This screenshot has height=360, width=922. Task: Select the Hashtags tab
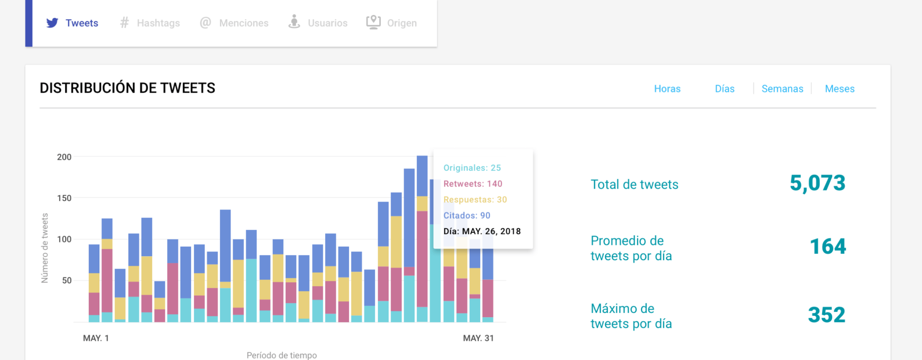149,23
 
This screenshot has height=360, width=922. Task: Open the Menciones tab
234,23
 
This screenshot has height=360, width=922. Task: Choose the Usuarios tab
318,23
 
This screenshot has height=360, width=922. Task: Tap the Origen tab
392,23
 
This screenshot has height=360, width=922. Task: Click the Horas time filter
667,89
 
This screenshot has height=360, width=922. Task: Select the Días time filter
725,89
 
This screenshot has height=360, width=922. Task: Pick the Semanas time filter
782,89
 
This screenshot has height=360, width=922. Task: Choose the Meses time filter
839,89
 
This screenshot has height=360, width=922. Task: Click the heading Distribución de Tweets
127,88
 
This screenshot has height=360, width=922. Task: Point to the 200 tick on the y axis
64,157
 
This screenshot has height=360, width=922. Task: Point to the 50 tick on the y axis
67,280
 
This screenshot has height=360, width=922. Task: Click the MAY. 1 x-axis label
96,338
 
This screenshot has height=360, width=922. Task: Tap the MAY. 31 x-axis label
478,338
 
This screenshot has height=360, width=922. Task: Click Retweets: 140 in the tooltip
473,184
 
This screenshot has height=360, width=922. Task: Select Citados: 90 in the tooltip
467,216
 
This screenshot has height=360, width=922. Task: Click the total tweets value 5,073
817,183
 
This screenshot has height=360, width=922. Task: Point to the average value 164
828,247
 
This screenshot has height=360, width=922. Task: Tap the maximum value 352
826,315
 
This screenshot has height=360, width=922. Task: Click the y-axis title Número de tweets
45,248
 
